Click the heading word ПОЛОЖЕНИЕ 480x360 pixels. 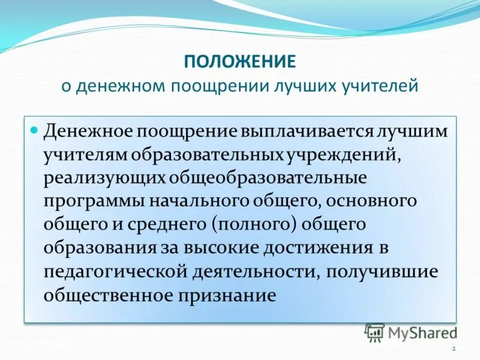pos(239,61)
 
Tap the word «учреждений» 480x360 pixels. pos(340,155)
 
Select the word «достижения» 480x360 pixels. pos(362,248)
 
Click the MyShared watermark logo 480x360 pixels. pos(411,331)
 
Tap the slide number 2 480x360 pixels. pos(454,349)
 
